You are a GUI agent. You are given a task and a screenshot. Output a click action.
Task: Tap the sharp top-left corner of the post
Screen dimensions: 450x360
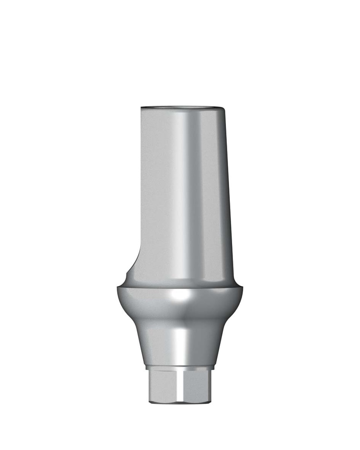coord(142,108)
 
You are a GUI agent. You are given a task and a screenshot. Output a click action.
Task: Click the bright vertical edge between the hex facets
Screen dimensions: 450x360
coord(181,385)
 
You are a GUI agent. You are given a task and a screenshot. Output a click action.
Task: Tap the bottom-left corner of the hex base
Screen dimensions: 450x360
coord(150,401)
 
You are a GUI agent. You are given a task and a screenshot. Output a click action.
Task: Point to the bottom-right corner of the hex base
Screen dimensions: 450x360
coord(209,401)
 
